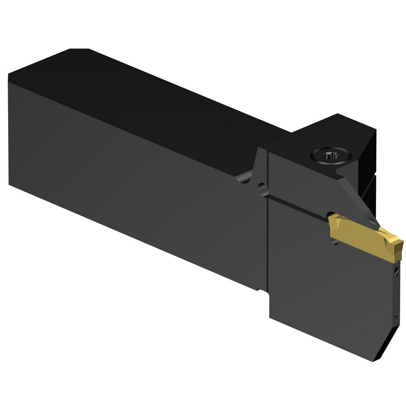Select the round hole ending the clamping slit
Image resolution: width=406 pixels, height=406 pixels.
point(263,189)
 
